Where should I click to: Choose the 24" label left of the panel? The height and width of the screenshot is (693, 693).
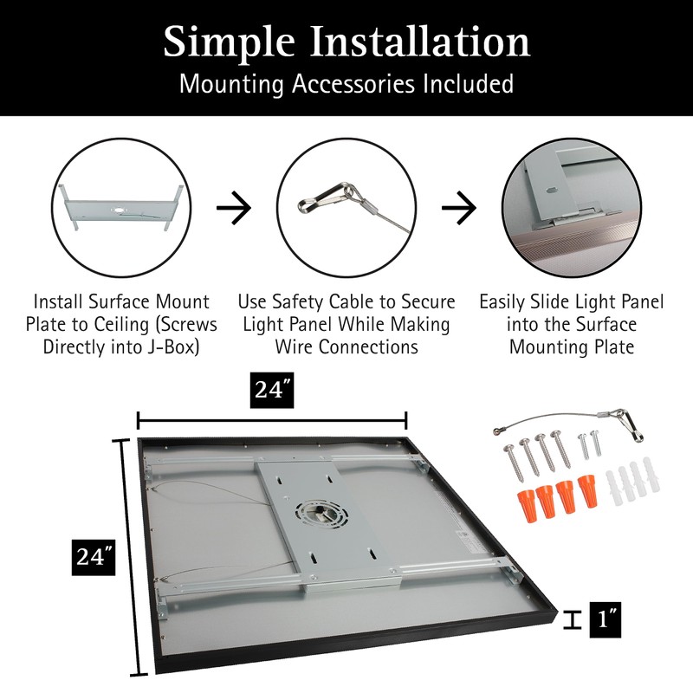[94, 556]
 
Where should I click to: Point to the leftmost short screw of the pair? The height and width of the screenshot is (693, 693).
[583, 448]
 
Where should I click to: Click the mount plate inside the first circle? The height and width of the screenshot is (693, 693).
[121, 210]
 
